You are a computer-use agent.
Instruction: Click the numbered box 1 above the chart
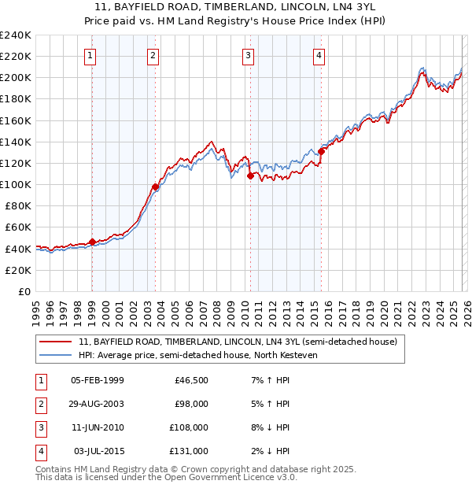click(91, 55)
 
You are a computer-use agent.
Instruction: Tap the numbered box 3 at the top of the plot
click(248, 55)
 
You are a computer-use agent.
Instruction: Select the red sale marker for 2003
click(155, 187)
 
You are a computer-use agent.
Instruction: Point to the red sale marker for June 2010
click(250, 176)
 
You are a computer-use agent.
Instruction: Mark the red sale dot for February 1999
click(92, 242)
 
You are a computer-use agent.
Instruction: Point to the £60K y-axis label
click(17, 227)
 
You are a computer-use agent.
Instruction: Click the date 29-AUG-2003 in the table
click(97, 404)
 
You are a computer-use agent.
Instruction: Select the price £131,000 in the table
click(190, 451)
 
